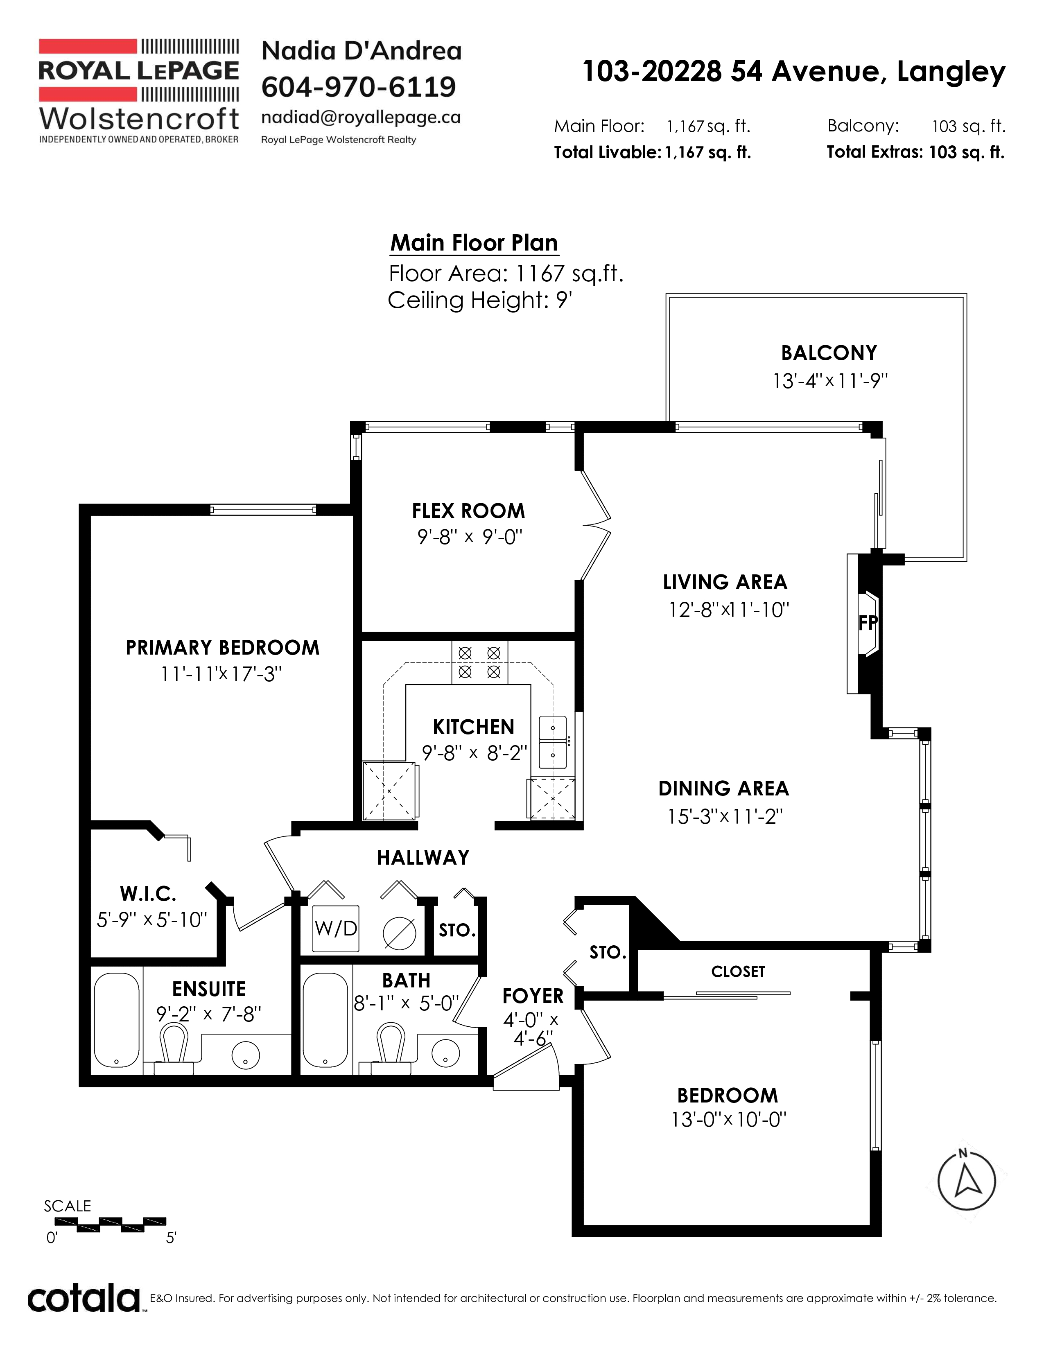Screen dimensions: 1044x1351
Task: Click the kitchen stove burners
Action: (x=479, y=662)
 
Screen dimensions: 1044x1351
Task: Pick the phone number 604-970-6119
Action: (x=359, y=87)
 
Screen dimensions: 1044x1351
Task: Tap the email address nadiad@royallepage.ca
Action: (x=361, y=117)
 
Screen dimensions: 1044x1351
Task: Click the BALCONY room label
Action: (x=829, y=352)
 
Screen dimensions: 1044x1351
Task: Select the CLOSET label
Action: (x=738, y=971)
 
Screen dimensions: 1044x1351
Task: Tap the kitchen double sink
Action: (x=553, y=742)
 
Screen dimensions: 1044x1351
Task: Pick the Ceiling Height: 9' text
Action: (x=480, y=300)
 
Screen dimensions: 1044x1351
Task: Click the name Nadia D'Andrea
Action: (x=362, y=51)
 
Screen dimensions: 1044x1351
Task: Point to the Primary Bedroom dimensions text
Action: (x=221, y=673)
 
